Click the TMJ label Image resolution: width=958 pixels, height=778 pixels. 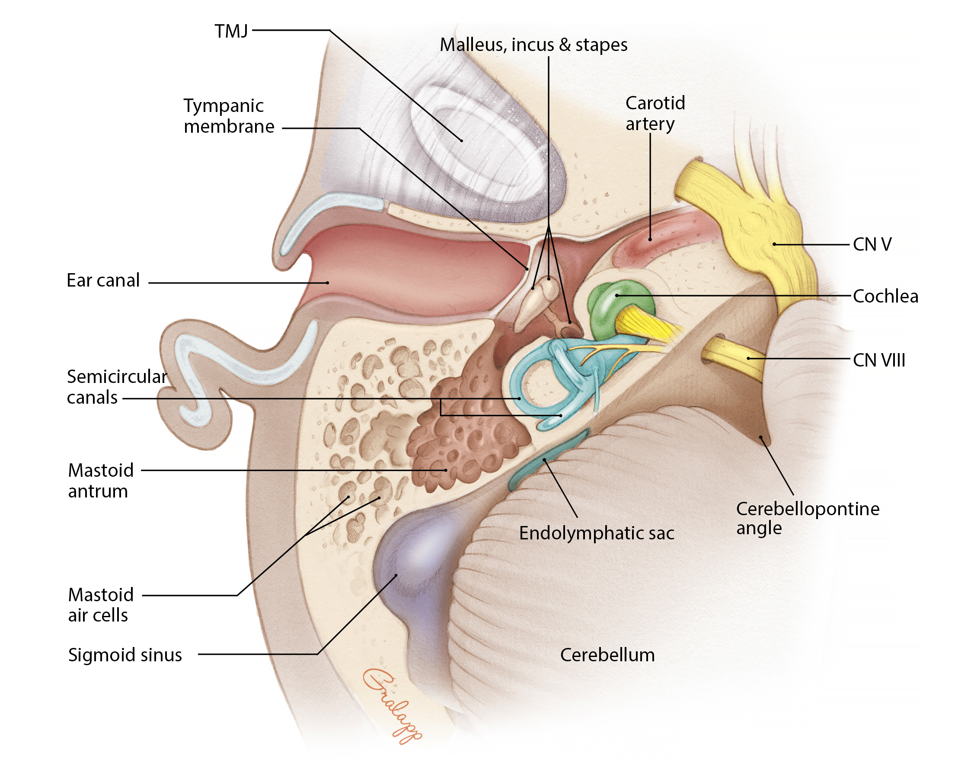(231, 32)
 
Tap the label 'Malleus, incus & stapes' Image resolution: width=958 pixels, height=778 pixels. (533, 45)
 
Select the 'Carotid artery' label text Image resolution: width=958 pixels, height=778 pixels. (655, 113)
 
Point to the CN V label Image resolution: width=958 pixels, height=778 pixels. (872, 245)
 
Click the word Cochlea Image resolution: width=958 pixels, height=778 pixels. (885, 296)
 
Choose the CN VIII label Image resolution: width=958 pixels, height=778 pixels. (878, 360)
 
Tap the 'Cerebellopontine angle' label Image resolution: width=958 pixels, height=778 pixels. (808, 518)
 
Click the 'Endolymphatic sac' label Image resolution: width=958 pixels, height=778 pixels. (596, 533)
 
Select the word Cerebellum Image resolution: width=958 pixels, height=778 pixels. (607, 655)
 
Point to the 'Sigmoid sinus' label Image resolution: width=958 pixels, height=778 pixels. (125, 655)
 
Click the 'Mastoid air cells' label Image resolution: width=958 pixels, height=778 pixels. (101, 605)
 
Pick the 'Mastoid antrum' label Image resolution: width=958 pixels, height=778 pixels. (101, 481)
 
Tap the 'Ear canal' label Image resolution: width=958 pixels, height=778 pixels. (103, 281)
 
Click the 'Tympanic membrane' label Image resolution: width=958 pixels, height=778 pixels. (229, 116)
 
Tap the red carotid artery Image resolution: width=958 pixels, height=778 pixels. (659, 238)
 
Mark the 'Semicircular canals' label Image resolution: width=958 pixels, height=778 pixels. (117, 387)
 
